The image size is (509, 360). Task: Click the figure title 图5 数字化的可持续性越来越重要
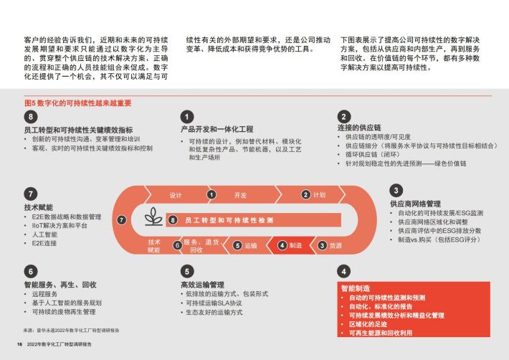tap(78, 103)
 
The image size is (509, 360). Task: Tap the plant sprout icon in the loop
tap(153, 217)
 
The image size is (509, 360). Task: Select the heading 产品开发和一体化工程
tap(217, 129)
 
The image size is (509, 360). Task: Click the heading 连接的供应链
tap(359, 128)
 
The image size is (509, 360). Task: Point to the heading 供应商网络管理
tap(415, 204)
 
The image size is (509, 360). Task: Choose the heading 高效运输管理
tap(203, 285)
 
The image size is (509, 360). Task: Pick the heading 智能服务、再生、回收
tap(60, 285)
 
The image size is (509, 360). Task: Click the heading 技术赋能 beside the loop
tap(38, 207)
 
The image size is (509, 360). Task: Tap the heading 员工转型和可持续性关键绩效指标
tap(79, 130)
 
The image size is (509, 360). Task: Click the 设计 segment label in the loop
tap(176, 195)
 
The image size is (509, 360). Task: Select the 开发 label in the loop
tap(241, 195)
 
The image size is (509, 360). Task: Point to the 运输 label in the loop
tap(251, 245)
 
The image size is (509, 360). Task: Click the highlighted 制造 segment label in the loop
tap(295, 245)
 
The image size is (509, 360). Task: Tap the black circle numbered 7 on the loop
tap(121, 220)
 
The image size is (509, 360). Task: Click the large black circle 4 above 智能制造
tap(344, 271)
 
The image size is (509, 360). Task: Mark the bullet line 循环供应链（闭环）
tap(372, 154)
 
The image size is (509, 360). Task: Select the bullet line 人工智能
tap(44, 235)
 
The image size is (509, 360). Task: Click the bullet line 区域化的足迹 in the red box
tap(368, 324)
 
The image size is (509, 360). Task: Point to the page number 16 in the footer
tap(19, 344)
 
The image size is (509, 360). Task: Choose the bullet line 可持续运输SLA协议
tap(214, 303)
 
